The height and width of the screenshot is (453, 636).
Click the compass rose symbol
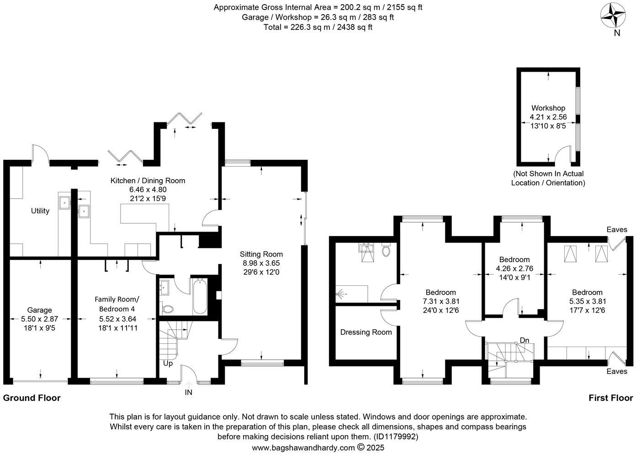point(613,15)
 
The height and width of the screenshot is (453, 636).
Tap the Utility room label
point(40,211)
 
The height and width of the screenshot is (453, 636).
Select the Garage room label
point(39,310)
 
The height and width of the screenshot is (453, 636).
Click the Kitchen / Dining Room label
point(148,180)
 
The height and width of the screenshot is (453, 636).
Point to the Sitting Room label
point(261,254)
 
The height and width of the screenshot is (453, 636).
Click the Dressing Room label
point(366,332)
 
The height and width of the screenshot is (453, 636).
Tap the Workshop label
point(548,108)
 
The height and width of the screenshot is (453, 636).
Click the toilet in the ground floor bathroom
point(167,309)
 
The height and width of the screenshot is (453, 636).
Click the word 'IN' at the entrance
point(188,392)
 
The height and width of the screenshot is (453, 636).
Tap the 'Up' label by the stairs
point(168,364)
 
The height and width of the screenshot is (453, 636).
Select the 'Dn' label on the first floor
point(525,340)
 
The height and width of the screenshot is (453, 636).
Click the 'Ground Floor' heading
point(32,398)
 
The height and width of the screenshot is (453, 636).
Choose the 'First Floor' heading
point(610,398)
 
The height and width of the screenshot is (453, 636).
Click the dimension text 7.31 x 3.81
point(440,301)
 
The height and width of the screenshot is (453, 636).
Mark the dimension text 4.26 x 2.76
point(514,269)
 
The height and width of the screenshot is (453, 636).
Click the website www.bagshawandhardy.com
point(303,448)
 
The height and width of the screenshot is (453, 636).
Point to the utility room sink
point(64,201)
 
